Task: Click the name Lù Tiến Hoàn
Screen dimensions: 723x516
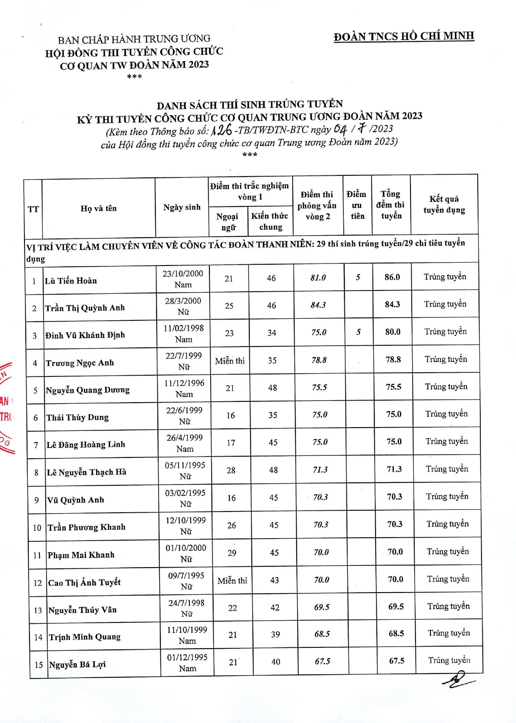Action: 71,281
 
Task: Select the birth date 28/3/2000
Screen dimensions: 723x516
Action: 183,301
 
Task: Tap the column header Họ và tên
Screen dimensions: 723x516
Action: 98,209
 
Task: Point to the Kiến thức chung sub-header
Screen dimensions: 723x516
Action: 270,221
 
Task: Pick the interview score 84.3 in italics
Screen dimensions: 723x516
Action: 318,305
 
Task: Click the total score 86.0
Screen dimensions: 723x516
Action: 392,277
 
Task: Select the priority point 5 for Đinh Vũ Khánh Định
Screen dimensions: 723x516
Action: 358,332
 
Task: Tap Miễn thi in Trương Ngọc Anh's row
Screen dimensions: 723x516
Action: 230,361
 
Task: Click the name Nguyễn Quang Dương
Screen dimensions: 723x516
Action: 88,390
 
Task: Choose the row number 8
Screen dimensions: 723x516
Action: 37,472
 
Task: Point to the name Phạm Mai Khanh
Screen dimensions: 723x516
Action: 81,555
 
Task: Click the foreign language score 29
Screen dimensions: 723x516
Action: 232,553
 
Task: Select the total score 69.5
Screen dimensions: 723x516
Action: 396,607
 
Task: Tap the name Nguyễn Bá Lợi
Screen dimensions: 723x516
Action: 77,664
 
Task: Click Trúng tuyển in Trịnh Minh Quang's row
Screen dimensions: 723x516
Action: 449,633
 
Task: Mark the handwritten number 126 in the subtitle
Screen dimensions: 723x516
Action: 221,131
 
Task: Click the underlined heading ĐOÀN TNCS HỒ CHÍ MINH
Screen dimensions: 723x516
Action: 404,37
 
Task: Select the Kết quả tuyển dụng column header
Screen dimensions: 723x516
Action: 444,204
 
